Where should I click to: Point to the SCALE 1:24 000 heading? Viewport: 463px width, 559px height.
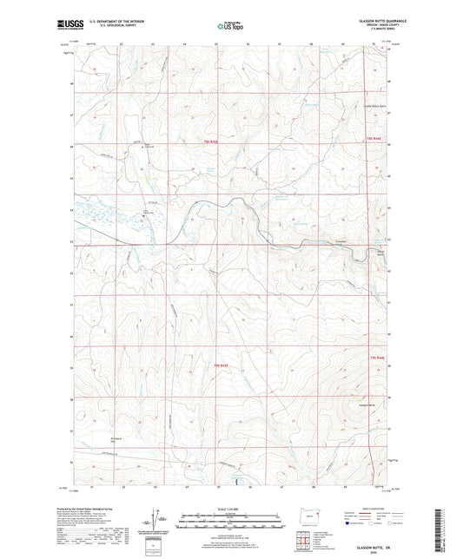[230, 509]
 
